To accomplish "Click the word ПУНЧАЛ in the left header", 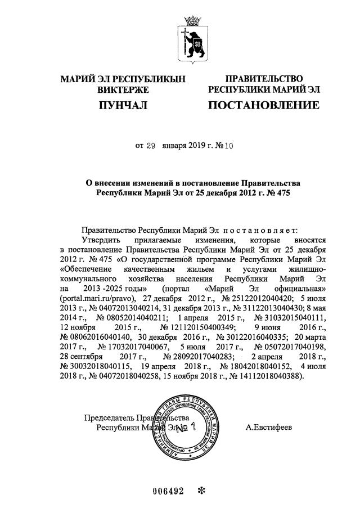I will [123, 105].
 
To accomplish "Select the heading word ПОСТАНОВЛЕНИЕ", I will [264, 105].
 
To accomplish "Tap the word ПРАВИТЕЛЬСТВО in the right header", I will [264, 78].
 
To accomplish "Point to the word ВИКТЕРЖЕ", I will [123, 89].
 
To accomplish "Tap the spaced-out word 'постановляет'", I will [264, 230].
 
